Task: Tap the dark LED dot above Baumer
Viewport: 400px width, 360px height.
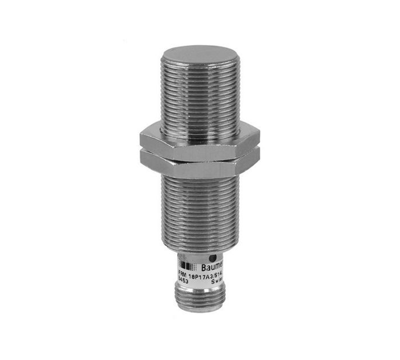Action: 213,257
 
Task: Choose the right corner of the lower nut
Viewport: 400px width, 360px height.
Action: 259,159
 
